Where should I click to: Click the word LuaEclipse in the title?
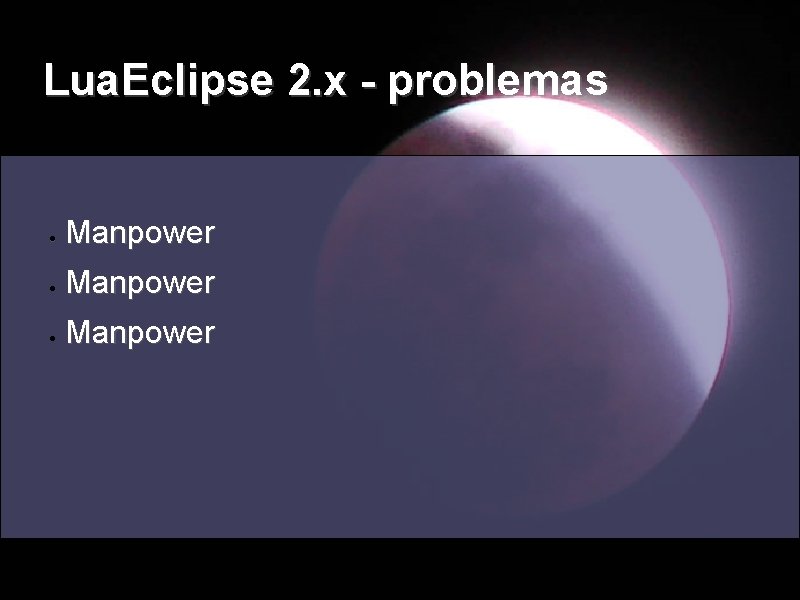point(160,81)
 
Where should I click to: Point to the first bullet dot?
point(49,238)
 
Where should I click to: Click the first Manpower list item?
point(139,234)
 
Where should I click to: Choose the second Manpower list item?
point(139,284)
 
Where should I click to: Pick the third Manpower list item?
point(139,333)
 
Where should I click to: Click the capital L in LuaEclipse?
point(54,81)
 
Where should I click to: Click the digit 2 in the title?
point(298,81)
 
